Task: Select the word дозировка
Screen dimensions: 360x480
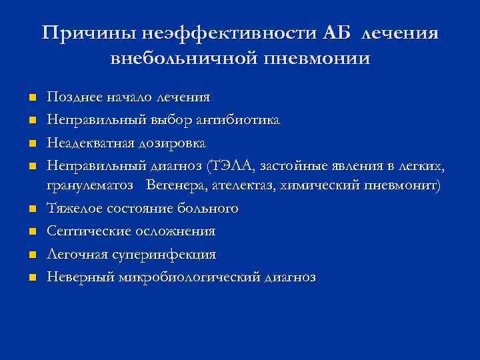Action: (171, 143)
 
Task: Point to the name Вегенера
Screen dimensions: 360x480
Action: (179, 185)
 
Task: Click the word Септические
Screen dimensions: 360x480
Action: (84, 231)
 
